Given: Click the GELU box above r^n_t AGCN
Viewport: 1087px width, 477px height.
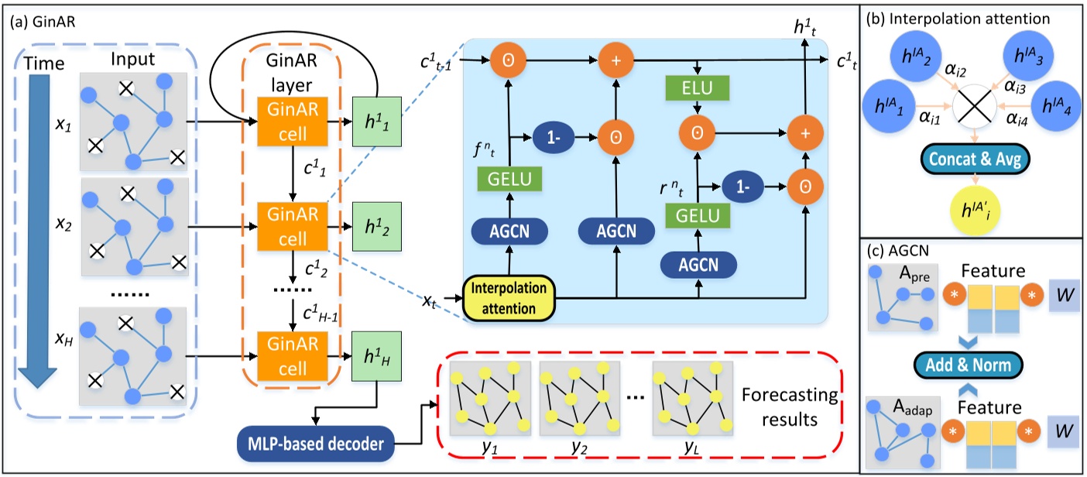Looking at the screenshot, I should (687, 214).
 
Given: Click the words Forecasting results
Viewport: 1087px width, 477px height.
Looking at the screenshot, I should (797, 407).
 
